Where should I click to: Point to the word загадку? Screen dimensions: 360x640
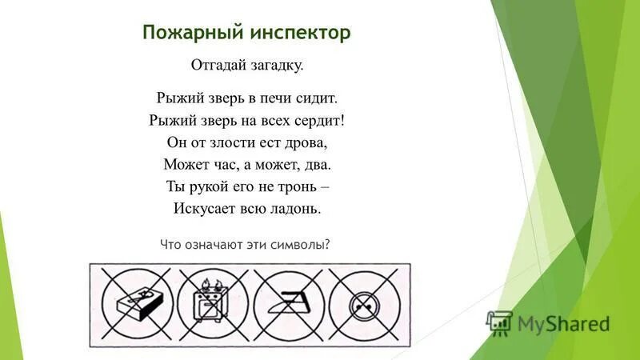tap(277, 65)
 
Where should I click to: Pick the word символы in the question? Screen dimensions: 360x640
tap(302, 245)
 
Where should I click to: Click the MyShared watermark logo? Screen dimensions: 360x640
tap(549, 323)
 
